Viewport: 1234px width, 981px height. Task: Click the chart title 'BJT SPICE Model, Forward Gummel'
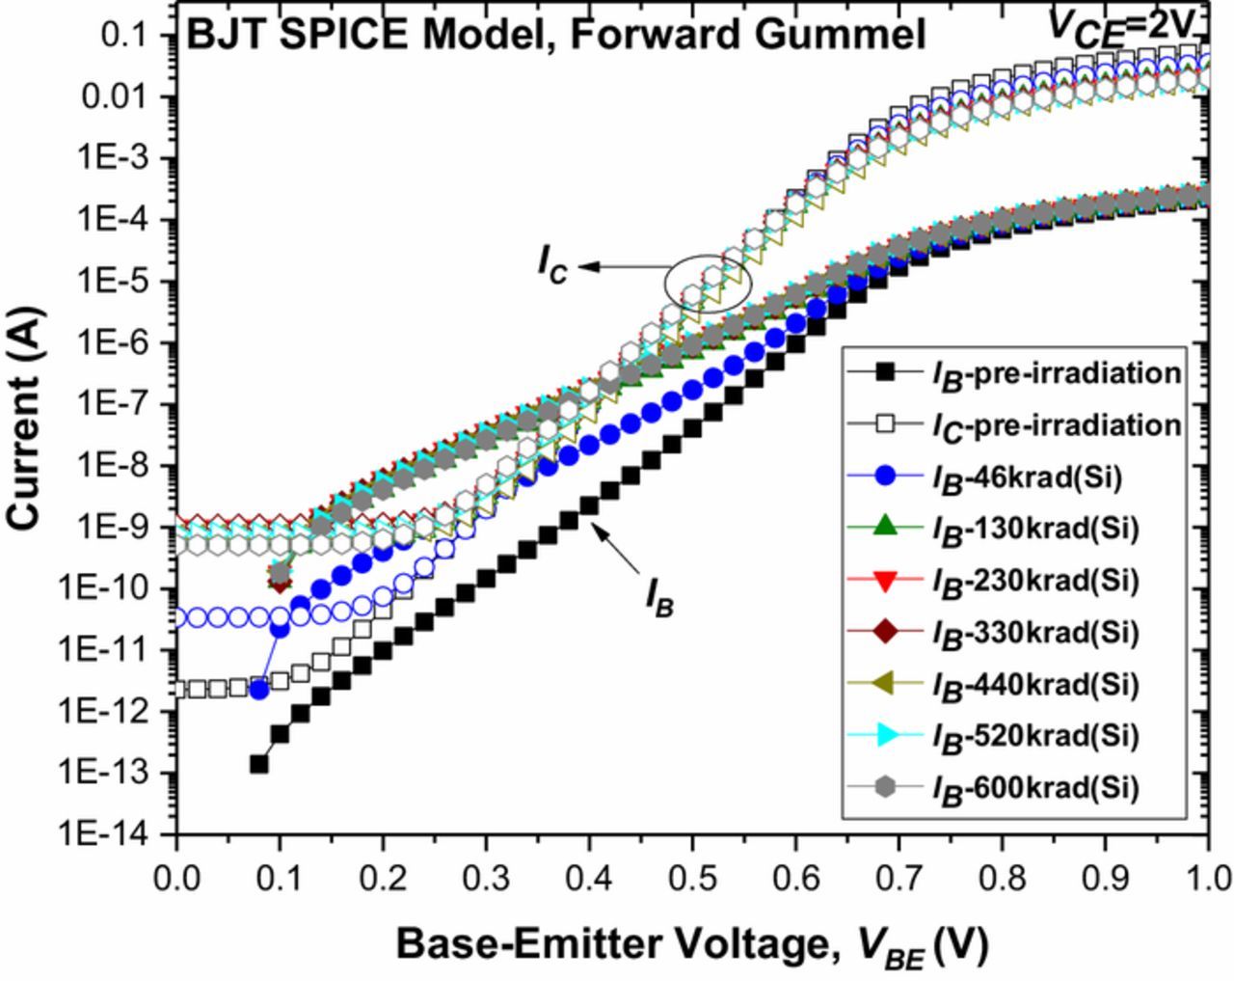click(555, 35)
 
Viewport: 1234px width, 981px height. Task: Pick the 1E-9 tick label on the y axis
click(120, 528)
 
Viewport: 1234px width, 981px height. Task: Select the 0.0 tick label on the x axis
click(177, 879)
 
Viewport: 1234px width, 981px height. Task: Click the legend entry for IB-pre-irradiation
click(1055, 372)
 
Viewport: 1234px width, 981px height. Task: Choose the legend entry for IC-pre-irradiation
click(1055, 424)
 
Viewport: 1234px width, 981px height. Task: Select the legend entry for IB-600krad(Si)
click(1035, 789)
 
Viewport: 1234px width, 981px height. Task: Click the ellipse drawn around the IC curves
click(708, 284)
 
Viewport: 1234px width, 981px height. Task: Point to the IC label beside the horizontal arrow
click(553, 265)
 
